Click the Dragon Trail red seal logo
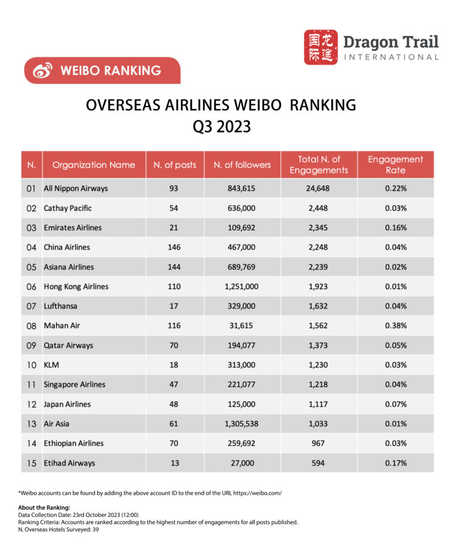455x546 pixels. click(x=320, y=47)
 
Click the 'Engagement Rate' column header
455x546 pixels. click(x=395, y=164)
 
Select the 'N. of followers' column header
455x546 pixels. click(x=242, y=165)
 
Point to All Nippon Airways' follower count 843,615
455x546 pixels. click(x=242, y=188)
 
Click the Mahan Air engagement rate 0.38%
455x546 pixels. click(x=395, y=325)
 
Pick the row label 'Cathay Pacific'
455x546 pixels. click(x=68, y=208)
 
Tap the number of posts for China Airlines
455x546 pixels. click(x=175, y=247)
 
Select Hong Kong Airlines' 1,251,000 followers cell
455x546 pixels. click(x=242, y=287)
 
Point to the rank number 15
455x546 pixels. click(x=32, y=463)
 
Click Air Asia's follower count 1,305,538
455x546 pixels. click(x=242, y=424)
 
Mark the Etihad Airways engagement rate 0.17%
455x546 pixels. click(x=395, y=463)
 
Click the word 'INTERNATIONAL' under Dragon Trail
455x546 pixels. click(x=392, y=57)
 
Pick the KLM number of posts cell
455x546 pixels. click(x=175, y=365)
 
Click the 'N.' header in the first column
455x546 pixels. click(x=32, y=165)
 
